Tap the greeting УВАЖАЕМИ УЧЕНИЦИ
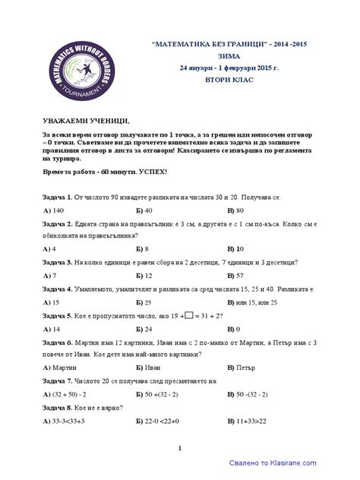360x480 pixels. point(86,121)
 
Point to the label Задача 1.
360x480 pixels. point(58,196)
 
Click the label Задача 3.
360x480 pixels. point(58,261)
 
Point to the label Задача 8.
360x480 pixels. point(58,407)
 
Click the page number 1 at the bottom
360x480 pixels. point(180,448)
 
